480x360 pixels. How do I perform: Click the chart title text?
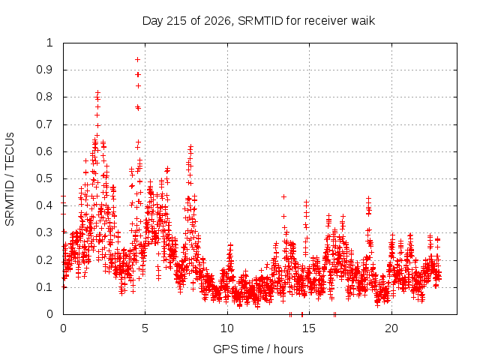pos(259,21)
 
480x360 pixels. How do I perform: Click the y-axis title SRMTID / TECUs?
pos(10,179)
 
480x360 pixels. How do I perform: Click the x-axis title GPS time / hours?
pos(258,349)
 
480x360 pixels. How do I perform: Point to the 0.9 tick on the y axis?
pos(45,70)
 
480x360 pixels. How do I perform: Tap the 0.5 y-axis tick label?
pos(45,178)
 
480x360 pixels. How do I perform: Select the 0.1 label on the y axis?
pos(45,287)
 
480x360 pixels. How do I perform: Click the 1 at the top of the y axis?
pos(49,43)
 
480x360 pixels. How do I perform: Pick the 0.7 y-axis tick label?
pos(45,124)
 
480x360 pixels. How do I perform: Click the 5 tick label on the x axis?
pos(145,328)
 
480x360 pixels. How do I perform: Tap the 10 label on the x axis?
pos(227,328)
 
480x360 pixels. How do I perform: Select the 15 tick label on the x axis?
pos(309,328)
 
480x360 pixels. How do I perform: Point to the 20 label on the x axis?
pos(391,328)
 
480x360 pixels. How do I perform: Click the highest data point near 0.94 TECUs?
pos(138,59)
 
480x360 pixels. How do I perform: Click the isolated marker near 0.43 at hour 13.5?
pos(283,196)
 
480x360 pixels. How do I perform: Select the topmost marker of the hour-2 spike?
pos(98,92)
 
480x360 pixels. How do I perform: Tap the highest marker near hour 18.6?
pos(368,198)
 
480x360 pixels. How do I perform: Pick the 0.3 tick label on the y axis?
pos(45,232)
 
